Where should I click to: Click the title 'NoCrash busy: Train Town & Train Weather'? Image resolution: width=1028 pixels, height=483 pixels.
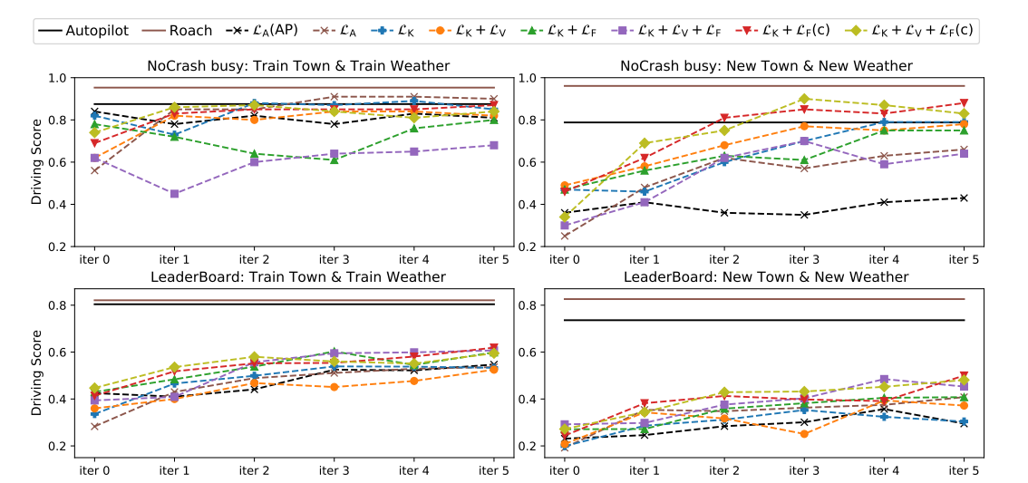pos(298,65)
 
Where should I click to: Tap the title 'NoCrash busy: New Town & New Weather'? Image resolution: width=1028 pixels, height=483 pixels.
pos(766,65)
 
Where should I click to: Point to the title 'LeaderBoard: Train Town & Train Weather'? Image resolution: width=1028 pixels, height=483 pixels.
pos(298,276)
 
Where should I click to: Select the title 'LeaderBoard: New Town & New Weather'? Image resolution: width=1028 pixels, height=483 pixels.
pos(766,276)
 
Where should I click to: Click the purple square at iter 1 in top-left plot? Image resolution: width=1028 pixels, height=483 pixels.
pos(173,193)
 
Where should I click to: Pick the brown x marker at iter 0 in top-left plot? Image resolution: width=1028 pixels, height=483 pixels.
pos(94,170)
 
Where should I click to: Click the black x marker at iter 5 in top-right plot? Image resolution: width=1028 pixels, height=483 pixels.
pos(963,198)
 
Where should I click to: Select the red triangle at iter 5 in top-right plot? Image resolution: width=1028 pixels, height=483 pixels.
pos(963,103)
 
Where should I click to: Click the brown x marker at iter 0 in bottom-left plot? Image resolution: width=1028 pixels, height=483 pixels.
pos(94,426)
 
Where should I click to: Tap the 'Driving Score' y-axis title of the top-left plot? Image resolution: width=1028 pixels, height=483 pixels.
pos(37,162)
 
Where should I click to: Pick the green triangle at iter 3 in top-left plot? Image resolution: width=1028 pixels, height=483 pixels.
pos(333,159)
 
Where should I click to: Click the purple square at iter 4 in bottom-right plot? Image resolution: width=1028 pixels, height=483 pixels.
pos(883,379)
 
